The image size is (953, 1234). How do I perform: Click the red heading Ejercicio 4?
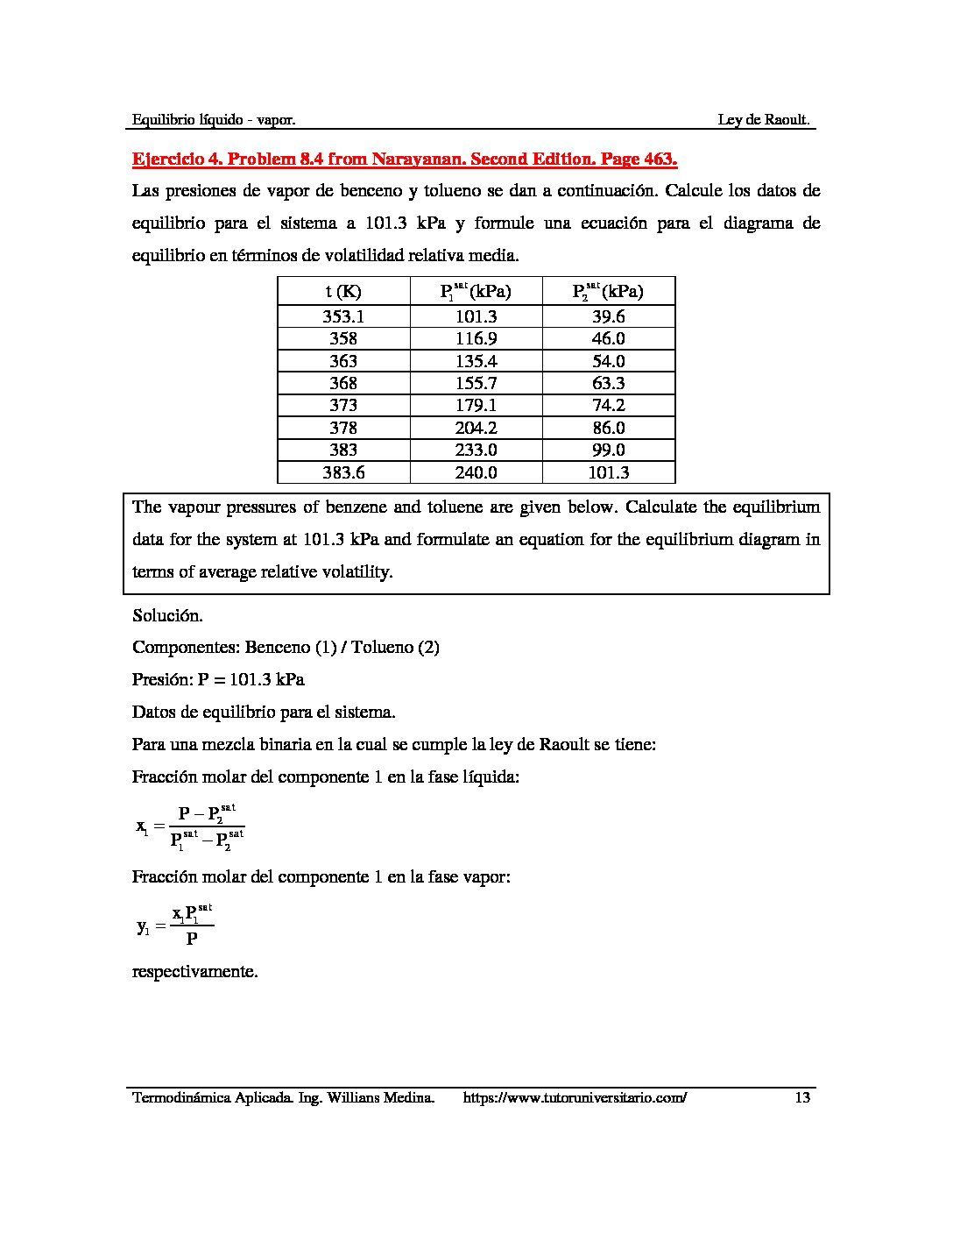pyautogui.click(x=405, y=160)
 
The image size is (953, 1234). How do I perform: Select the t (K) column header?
pyautogui.click(x=343, y=292)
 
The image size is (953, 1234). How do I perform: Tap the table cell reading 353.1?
pyautogui.click(x=343, y=316)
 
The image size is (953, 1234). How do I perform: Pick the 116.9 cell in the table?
pyautogui.click(x=476, y=338)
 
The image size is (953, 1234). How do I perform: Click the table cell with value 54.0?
pyautogui.click(x=609, y=361)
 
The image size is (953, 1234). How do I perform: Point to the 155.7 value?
pyautogui.click(x=476, y=383)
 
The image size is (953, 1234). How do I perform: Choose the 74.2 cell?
pyautogui.click(x=609, y=405)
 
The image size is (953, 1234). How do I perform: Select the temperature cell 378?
pyautogui.click(x=343, y=428)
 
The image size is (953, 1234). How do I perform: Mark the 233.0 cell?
pyautogui.click(x=476, y=450)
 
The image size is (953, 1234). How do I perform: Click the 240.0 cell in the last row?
pyautogui.click(x=476, y=472)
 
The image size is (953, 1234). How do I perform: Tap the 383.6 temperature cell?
pyautogui.click(x=343, y=472)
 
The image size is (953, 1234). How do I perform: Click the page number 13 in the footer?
pyautogui.click(x=802, y=1097)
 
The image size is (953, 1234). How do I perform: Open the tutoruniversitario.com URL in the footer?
pyautogui.click(x=574, y=1097)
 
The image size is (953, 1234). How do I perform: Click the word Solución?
pyautogui.click(x=167, y=615)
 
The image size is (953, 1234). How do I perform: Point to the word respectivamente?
pyautogui.click(x=194, y=972)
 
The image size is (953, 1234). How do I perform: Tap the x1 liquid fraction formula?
pyautogui.click(x=190, y=826)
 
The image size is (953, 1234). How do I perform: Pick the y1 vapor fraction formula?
pyautogui.click(x=175, y=925)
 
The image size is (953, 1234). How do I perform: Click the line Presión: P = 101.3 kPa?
pyautogui.click(x=218, y=679)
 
